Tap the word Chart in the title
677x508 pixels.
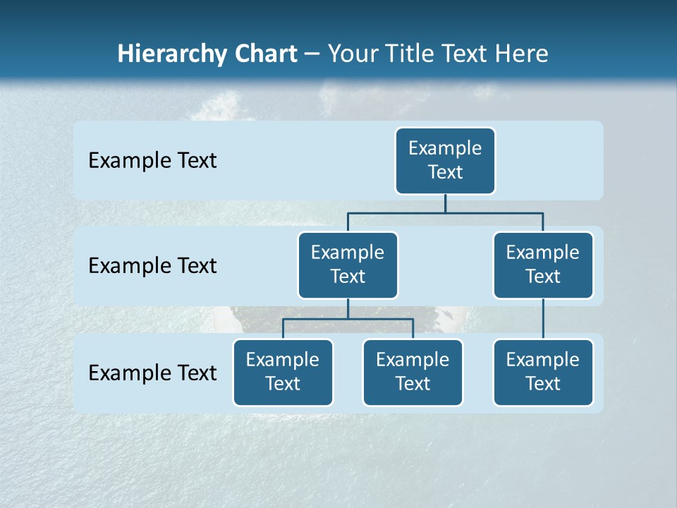pyautogui.click(x=267, y=54)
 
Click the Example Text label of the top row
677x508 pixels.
pyautogui.click(x=152, y=161)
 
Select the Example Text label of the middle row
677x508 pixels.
pyautogui.click(x=152, y=266)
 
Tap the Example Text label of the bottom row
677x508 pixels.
pyautogui.click(x=152, y=373)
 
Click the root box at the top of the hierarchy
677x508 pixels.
pyautogui.click(x=445, y=160)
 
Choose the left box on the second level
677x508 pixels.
pyautogui.click(x=348, y=265)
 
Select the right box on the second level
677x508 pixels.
pyautogui.click(x=543, y=265)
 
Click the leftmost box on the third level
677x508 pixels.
pyautogui.click(x=283, y=372)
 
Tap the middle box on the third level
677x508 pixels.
pyautogui.click(x=413, y=372)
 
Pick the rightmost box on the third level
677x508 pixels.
pyautogui.click(x=543, y=372)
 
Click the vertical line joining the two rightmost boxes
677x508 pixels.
pyautogui.click(x=543, y=319)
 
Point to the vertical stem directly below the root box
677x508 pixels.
pyautogui.click(x=445, y=203)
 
